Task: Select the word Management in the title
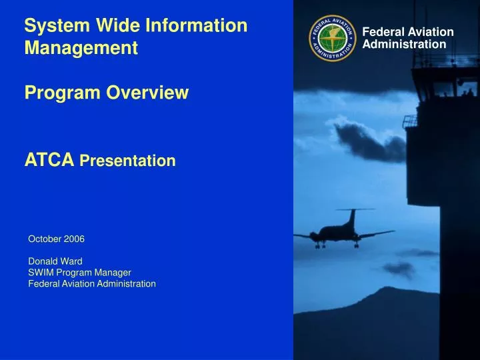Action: pos(81,48)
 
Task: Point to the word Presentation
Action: pos(127,161)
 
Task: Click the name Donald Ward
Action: pos(55,261)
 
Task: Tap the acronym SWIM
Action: pos(39,273)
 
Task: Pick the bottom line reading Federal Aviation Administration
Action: pos(92,284)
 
